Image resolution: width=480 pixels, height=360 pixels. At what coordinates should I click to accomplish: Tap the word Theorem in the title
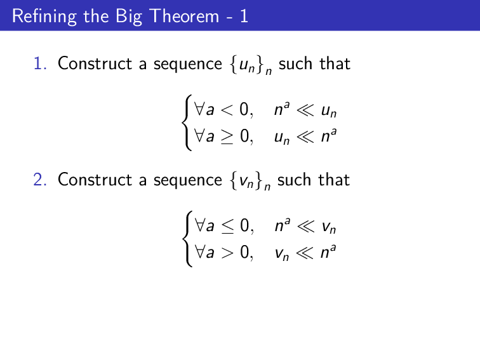point(184,16)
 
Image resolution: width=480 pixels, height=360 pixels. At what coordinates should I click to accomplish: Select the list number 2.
point(40,180)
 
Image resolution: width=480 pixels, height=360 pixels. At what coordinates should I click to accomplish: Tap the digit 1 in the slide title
point(244,16)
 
